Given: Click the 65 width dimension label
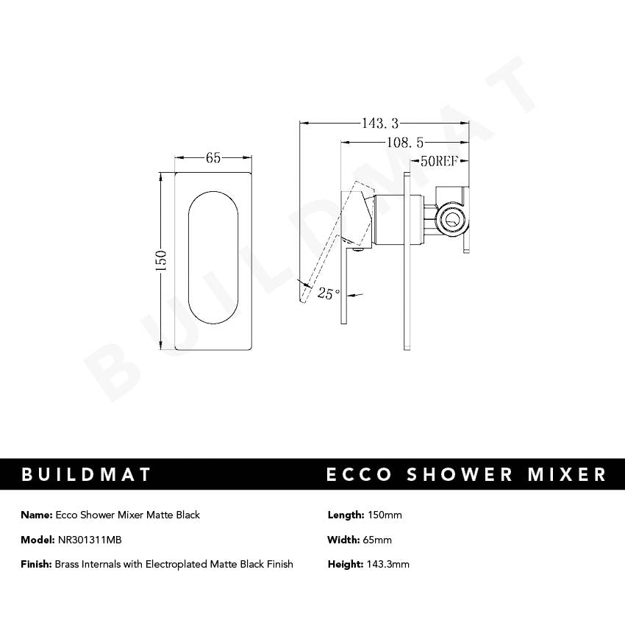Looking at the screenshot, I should [213, 158].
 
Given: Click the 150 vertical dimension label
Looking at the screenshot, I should [162, 260].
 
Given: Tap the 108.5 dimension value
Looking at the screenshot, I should [403, 143].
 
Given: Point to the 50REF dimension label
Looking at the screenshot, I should [439, 162].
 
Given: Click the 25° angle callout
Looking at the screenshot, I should [329, 293].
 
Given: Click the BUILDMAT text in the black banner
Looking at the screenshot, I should [87, 474].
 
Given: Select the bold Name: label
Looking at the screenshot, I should [36, 515].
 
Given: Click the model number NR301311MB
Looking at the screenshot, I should [90, 540].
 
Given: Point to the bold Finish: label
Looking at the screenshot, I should [37, 564].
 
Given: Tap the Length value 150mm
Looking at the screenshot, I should [384, 515].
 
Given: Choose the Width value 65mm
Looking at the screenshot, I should [378, 540].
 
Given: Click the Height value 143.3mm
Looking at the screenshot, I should [387, 564].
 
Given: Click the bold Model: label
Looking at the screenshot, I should [37, 540].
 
